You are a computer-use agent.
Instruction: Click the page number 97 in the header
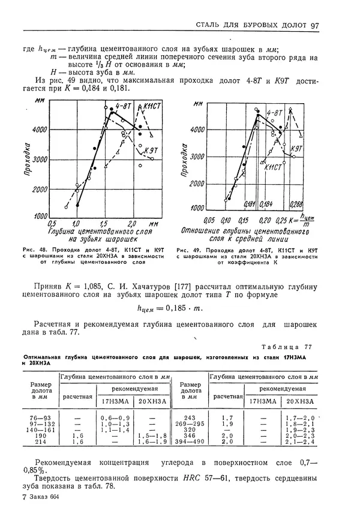[x=316, y=25]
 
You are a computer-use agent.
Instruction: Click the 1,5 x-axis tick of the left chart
[x=104, y=223]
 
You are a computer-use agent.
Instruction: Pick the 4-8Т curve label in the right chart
[x=274, y=113]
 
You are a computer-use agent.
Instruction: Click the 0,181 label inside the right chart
[x=250, y=204]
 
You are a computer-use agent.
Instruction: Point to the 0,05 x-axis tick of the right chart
[x=209, y=220]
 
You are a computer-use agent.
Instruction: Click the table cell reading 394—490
[x=190, y=441]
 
